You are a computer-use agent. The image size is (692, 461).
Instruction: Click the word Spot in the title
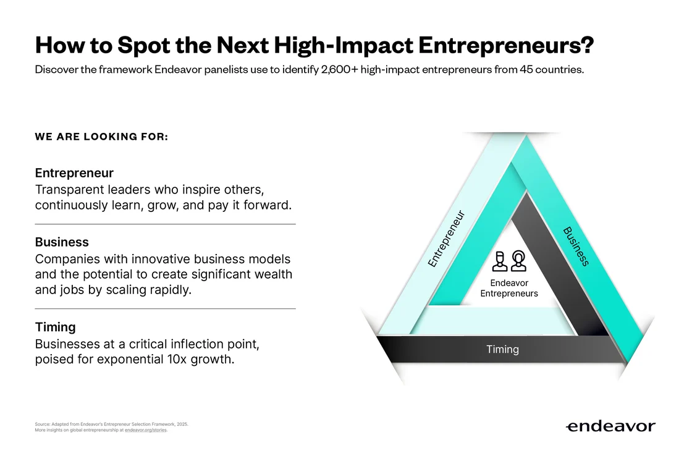click(x=143, y=46)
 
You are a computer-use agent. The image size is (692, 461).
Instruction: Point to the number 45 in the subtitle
click(x=526, y=70)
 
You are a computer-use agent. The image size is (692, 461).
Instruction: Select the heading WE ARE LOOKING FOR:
click(x=101, y=137)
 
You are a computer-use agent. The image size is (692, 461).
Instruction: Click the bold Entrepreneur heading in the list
click(x=74, y=172)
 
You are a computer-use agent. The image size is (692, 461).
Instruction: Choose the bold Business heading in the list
click(x=62, y=242)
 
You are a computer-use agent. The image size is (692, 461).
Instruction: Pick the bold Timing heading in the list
click(x=55, y=327)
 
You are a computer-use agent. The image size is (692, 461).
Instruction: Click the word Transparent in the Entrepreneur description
click(x=69, y=190)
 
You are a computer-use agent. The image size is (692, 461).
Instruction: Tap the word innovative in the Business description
click(x=161, y=259)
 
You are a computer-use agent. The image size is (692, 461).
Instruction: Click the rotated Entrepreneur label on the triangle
click(x=447, y=239)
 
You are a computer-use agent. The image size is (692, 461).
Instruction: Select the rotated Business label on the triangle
click(x=576, y=247)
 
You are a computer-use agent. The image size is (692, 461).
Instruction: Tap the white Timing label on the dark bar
click(x=503, y=349)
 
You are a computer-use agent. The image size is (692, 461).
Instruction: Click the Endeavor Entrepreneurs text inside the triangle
click(x=509, y=289)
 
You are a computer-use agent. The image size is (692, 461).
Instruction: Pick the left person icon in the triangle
click(x=500, y=261)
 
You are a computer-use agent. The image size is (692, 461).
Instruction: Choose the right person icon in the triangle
click(x=518, y=261)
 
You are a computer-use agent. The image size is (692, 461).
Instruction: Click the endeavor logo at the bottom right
click(x=611, y=426)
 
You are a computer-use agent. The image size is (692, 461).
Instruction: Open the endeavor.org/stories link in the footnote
click(x=146, y=430)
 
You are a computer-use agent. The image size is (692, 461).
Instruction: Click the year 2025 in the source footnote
click(x=182, y=425)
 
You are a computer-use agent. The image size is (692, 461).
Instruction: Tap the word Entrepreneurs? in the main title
click(x=506, y=46)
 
